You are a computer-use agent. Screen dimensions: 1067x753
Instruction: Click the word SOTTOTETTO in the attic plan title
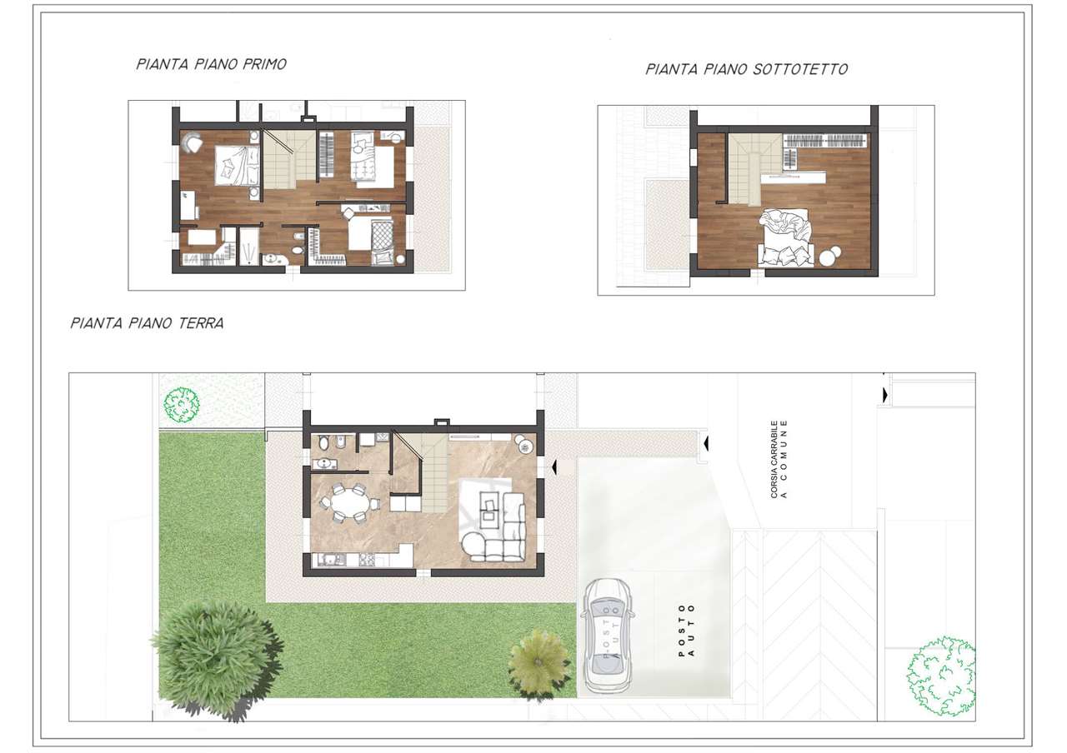click(800, 69)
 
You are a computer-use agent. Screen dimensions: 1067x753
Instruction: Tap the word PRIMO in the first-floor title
click(264, 64)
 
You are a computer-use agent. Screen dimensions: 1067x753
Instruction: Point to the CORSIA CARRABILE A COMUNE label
click(779, 459)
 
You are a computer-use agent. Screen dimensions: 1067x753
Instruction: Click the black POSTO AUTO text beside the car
click(686, 631)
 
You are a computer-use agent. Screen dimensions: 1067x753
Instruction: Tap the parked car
click(608, 636)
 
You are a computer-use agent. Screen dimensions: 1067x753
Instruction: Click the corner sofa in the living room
click(505, 527)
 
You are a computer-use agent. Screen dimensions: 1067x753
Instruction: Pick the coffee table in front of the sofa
click(489, 506)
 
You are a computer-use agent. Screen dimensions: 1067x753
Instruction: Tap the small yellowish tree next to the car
click(539, 661)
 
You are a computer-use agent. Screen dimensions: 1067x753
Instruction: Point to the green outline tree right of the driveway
click(941, 676)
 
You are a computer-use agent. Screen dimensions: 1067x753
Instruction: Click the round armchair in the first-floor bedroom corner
click(193, 142)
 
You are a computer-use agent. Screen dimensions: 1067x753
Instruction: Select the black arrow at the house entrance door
click(554, 467)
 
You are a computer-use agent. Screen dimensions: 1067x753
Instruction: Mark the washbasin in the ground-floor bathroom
click(325, 463)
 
